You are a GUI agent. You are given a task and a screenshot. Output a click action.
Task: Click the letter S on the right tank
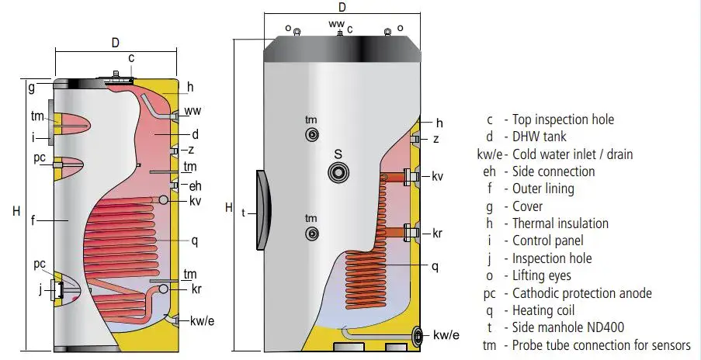click(x=338, y=154)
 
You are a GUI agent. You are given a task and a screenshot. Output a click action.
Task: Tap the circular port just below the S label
click(x=338, y=173)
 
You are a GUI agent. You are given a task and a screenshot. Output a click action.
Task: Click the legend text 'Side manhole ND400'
click(x=568, y=327)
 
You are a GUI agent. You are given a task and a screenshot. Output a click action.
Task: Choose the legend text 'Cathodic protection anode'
click(x=582, y=293)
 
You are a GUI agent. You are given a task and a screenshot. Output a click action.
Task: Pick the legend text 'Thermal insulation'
click(x=560, y=223)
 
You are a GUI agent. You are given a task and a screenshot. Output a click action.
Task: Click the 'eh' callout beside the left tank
click(x=195, y=185)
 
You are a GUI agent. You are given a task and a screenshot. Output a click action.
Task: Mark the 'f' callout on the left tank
click(x=33, y=220)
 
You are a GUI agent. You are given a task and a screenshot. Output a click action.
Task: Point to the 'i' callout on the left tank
click(x=33, y=137)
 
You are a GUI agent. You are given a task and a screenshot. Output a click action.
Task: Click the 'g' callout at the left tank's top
click(x=32, y=88)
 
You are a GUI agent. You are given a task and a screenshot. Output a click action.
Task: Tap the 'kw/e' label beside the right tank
click(x=446, y=335)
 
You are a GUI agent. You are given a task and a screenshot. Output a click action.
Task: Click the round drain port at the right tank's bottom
click(x=419, y=335)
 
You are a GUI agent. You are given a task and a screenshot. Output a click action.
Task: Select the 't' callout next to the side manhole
click(x=244, y=211)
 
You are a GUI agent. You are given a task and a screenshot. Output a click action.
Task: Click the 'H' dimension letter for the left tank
click(x=16, y=210)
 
